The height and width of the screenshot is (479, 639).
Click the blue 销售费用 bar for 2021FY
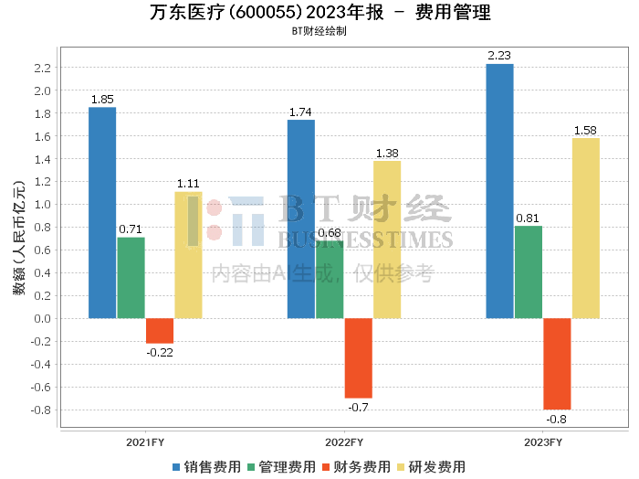(x=102, y=213)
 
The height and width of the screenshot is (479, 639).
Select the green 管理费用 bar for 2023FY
(x=528, y=272)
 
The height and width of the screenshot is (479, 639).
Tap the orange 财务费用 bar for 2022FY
(x=358, y=358)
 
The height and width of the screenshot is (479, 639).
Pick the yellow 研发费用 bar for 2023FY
(x=585, y=229)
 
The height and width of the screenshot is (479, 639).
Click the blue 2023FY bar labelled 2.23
(x=499, y=191)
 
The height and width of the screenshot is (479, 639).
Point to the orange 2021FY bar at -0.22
(x=160, y=331)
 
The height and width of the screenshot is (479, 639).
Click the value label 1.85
(x=102, y=99)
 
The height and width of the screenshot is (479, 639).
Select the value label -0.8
(x=556, y=420)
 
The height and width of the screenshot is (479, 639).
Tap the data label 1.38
(x=387, y=153)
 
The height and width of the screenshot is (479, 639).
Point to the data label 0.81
(x=528, y=218)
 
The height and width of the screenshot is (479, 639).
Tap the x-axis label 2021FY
(x=146, y=441)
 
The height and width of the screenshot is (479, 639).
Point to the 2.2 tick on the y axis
(x=41, y=69)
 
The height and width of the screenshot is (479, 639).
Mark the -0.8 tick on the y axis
(x=38, y=410)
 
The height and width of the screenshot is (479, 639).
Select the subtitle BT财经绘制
(x=319, y=31)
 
